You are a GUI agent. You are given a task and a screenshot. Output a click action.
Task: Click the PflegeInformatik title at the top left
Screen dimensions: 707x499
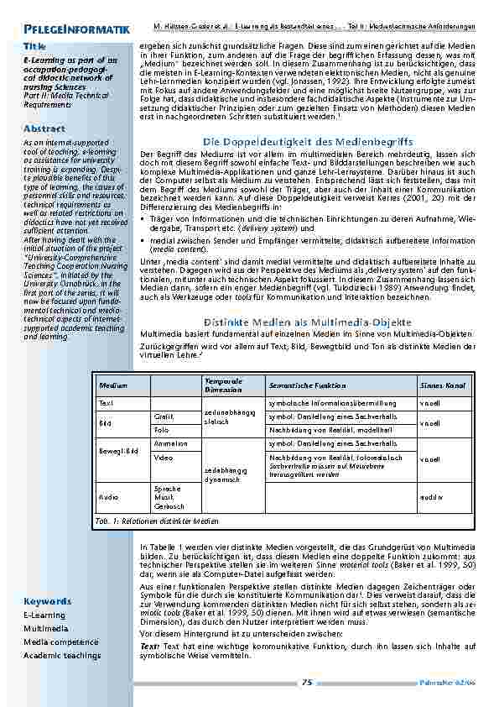(x=76, y=30)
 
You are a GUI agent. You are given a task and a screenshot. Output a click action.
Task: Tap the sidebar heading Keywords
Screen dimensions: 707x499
(x=47, y=601)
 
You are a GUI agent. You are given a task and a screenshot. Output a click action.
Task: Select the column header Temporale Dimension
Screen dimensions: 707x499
(x=222, y=385)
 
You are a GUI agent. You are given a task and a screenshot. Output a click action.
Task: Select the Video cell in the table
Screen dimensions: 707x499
(x=163, y=458)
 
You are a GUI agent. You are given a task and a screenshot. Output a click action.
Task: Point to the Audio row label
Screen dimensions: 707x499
(x=108, y=497)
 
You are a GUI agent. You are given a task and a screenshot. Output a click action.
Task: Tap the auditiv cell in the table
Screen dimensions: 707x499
(x=430, y=497)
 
